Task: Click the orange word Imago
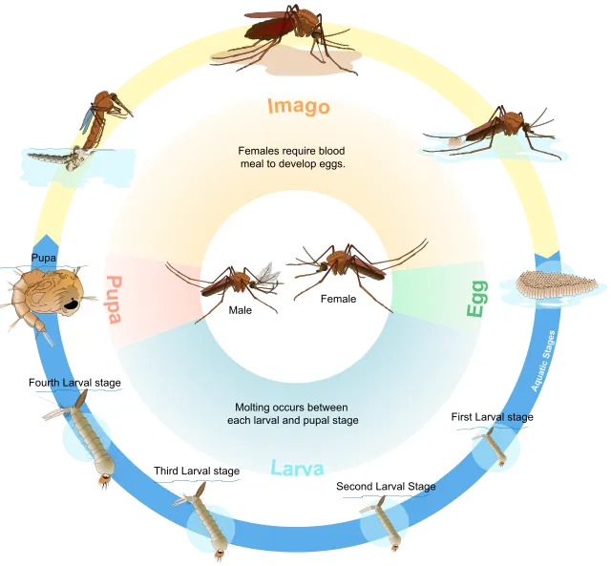click(299, 106)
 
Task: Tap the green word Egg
click(477, 299)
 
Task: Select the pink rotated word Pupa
click(115, 300)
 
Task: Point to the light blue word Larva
click(297, 468)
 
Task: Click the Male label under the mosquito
click(240, 310)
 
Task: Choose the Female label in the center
click(338, 299)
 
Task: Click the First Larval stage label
click(493, 417)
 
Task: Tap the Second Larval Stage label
click(386, 487)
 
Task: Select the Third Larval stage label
click(197, 471)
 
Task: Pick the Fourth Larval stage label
click(74, 383)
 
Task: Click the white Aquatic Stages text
click(543, 361)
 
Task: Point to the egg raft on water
click(556, 283)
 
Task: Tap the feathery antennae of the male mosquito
click(267, 276)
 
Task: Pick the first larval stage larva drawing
click(492, 447)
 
